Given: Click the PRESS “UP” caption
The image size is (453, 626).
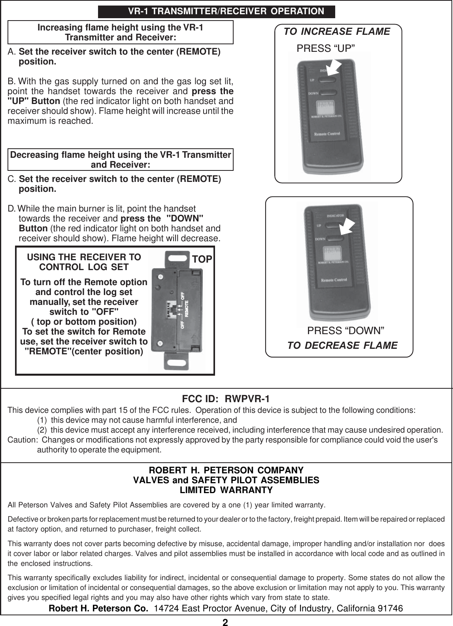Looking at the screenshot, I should (326, 48).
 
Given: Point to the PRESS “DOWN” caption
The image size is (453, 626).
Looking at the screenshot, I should (346, 330).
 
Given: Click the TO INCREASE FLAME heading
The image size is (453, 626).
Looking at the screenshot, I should (337, 32).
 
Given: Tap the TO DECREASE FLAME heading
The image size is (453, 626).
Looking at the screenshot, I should (342, 346).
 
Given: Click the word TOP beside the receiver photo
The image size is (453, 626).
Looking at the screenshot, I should (202, 259).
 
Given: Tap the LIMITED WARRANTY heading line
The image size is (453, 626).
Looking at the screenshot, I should (226, 490).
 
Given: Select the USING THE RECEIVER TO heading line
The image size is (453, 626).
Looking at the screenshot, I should (84, 257).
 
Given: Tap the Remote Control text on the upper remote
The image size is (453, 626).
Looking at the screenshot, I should (327, 134).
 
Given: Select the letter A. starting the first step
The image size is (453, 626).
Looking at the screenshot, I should (12, 52).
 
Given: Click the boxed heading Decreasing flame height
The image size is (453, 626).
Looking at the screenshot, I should (121, 159).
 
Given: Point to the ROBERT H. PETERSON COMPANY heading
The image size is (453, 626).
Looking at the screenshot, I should (226, 471).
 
